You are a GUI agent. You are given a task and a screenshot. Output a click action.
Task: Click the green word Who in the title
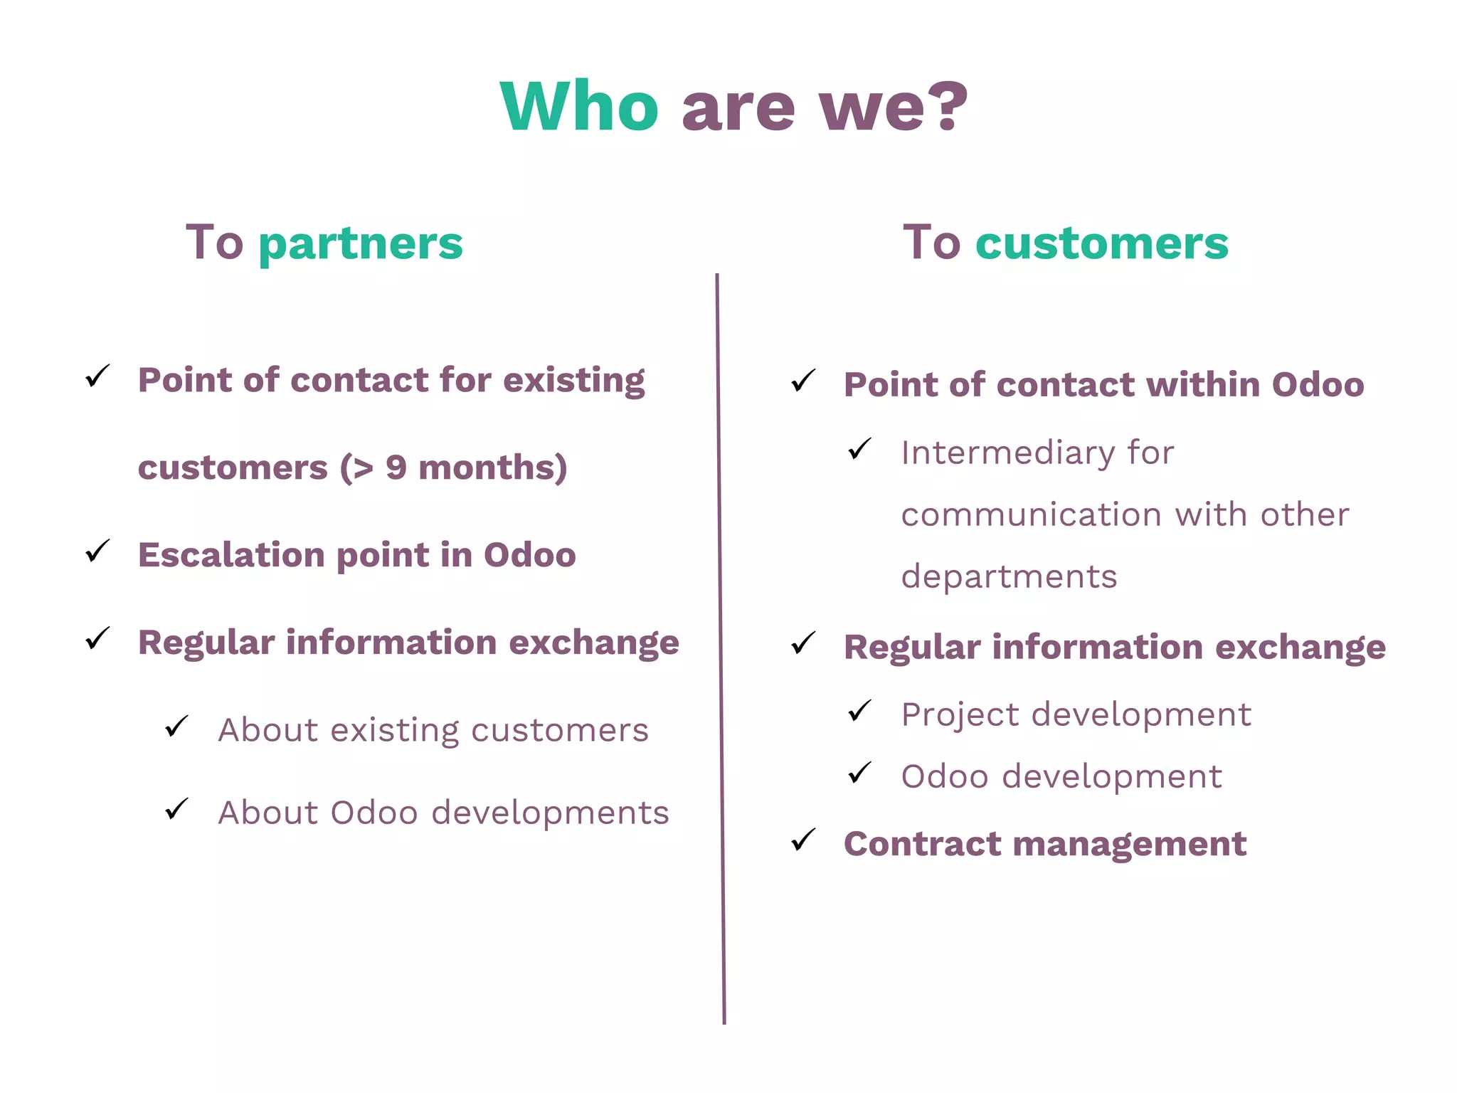click(579, 107)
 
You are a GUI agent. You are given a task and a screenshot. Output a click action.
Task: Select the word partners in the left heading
click(361, 244)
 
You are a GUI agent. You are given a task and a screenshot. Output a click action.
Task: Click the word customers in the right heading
click(1101, 243)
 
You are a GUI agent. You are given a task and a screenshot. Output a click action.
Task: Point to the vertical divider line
click(720, 640)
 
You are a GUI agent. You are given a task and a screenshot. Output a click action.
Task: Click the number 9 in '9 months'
click(396, 468)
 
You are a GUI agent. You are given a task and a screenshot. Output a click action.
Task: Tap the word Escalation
click(231, 555)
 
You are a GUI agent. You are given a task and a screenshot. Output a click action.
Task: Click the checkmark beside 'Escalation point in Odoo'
click(97, 551)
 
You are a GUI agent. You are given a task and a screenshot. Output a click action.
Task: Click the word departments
click(1009, 577)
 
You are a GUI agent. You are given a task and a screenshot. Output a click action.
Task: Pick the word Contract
click(921, 845)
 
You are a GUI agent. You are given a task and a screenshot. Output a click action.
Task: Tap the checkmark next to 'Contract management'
click(803, 840)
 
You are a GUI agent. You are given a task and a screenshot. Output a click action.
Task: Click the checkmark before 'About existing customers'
click(176, 727)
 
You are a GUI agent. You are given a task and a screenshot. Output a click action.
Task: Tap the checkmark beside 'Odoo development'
click(860, 773)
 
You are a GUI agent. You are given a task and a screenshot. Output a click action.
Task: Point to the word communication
click(1032, 515)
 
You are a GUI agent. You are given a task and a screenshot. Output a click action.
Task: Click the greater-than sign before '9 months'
click(363, 468)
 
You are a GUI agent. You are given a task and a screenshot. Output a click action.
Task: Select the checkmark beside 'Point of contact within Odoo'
click(803, 381)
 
